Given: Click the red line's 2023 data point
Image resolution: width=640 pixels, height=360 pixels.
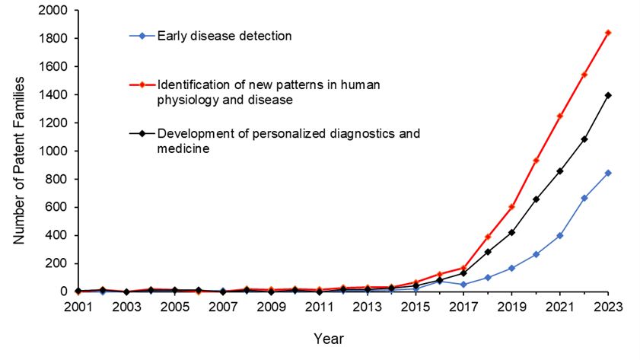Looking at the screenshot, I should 608,33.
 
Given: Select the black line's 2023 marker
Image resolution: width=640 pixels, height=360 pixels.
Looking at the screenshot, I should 608,95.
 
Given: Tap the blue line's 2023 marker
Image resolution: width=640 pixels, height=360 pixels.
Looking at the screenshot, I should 608,173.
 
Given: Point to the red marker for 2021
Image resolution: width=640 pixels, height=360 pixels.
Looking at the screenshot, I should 560,116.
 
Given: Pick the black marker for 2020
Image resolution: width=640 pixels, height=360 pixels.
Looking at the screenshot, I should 536,199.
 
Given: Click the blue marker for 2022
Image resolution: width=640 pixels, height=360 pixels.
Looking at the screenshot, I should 584,198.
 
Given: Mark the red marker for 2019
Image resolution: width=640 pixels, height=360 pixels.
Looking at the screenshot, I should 511,206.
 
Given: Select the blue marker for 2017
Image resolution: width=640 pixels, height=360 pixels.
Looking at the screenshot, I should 463,285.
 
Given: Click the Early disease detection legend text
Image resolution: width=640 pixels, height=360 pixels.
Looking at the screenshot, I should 224,36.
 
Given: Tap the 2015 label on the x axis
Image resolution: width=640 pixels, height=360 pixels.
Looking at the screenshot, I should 415,307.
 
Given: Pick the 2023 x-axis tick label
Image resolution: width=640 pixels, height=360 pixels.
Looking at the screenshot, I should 608,307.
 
